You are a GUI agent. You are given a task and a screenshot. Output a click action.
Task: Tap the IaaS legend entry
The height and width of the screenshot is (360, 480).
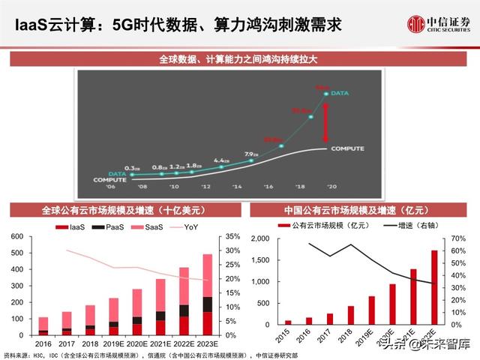[x=73, y=226]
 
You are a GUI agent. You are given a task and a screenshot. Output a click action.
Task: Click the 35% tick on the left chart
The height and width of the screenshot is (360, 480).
[x=232, y=237]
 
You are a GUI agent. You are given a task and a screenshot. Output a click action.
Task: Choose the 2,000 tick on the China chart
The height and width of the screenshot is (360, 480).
[x=258, y=238]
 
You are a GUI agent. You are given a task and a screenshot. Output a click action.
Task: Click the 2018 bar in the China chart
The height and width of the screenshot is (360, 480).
[x=350, y=316]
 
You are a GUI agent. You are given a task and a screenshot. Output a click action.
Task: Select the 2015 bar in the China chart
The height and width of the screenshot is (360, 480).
[x=288, y=322]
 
